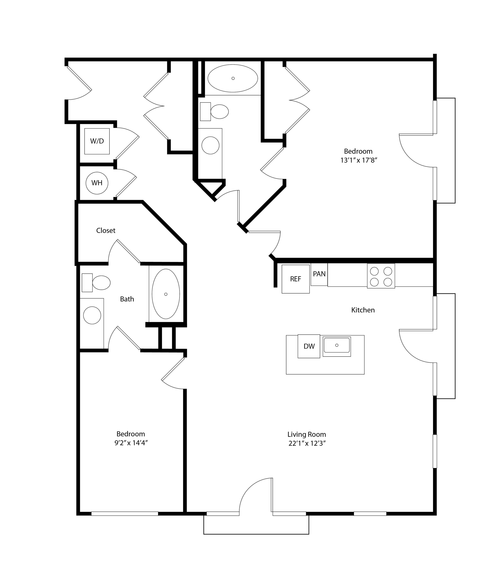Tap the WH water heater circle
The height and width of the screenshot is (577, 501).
pos(97,183)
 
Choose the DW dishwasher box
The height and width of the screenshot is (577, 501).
pos(309,346)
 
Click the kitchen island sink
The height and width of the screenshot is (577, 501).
pos(337,346)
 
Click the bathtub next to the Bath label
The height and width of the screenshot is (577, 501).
pos(166,294)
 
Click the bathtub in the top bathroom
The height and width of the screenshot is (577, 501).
pos(233,78)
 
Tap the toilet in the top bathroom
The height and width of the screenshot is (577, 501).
pos(215,111)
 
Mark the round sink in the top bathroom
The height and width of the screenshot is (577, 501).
pos(210,145)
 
